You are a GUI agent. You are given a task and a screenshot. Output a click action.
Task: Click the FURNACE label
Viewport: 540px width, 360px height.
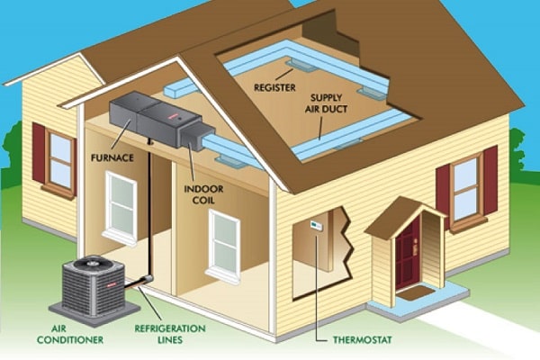[x=112, y=158]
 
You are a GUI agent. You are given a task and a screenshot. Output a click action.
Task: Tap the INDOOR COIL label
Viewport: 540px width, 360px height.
[x=203, y=194]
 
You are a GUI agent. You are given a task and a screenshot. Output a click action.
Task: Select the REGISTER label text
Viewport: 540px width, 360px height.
[x=274, y=87]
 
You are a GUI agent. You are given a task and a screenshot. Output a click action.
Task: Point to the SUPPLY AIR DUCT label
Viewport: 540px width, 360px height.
[x=326, y=103]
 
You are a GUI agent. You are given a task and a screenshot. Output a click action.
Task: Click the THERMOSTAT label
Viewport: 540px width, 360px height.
[x=363, y=340]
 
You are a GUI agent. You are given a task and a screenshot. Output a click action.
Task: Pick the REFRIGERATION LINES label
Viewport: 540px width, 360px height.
[x=170, y=334]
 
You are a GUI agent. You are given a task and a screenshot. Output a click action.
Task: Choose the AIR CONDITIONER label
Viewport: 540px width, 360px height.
[x=70, y=334]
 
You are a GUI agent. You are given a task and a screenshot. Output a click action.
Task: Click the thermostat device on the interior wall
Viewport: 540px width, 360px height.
[x=316, y=225]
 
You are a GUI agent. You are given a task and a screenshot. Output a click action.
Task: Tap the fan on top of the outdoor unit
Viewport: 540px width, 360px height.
[x=93, y=264]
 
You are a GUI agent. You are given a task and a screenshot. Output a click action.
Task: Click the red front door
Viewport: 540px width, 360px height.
[x=408, y=254]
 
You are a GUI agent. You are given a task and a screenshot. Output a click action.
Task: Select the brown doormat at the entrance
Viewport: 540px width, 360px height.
[x=417, y=293]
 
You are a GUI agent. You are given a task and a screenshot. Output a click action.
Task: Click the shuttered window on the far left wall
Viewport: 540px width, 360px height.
[x=55, y=161]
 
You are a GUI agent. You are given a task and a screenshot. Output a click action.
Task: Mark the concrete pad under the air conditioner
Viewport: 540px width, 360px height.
[x=94, y=311]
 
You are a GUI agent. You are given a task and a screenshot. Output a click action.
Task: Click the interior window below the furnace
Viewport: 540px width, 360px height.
[x=121, y=208]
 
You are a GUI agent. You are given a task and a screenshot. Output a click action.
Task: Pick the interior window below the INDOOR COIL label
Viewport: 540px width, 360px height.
[x=223, y=246]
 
